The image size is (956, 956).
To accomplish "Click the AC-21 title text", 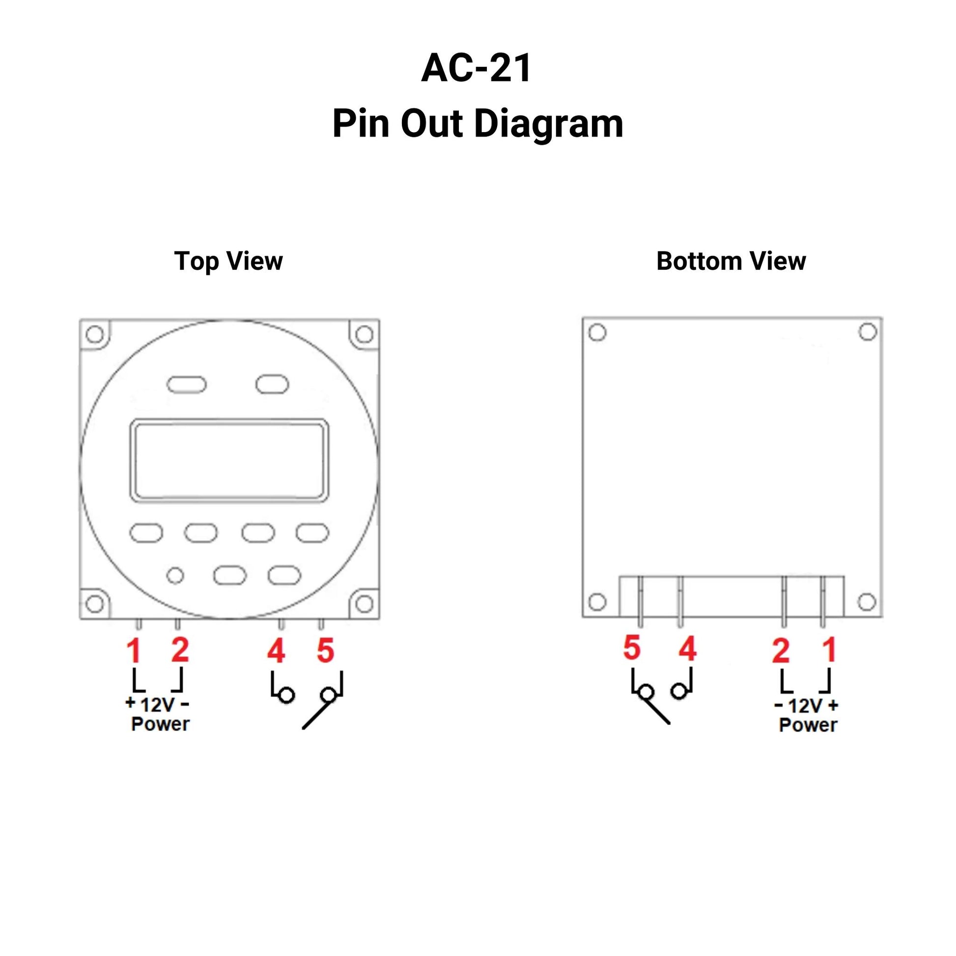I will [476, 68].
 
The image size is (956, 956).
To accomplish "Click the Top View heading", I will [228, 261].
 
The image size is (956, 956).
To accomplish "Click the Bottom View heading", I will [731, 261].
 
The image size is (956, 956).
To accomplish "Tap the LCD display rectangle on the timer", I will [228, 461].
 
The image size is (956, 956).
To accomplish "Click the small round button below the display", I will [175, 575].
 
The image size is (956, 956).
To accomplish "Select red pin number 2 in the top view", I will [180, 650].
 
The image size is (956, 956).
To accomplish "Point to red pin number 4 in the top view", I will [276, 651].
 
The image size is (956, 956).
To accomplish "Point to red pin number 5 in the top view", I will [326, 651].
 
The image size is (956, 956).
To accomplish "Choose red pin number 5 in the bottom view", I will [632, 647].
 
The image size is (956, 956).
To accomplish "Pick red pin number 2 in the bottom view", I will [780, 651].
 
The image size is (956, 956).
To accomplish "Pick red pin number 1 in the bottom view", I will [829, 650].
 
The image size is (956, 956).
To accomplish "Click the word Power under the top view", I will [160, 724].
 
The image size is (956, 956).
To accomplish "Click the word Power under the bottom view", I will [808, 725].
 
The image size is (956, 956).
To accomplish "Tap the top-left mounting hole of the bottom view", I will [597, 333].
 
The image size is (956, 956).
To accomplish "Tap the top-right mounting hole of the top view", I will [364, 335].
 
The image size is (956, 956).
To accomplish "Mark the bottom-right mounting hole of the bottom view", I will [867, 602].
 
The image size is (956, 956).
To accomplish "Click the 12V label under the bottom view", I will [806, 705].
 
